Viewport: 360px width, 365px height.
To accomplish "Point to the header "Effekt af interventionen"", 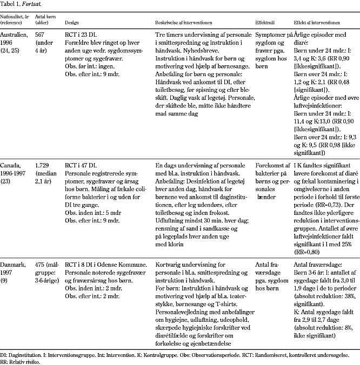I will (x=316, y=24).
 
